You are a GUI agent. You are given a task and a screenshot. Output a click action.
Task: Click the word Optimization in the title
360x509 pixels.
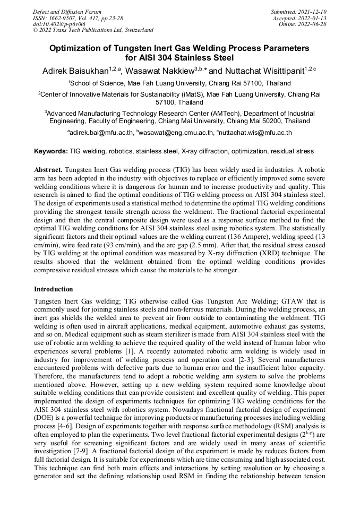77,48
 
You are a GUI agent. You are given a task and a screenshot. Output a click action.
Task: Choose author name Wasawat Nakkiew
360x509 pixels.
162,71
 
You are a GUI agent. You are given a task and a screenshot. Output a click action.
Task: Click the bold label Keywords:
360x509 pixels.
51,151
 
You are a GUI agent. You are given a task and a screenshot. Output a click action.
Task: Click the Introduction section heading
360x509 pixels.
54,289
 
